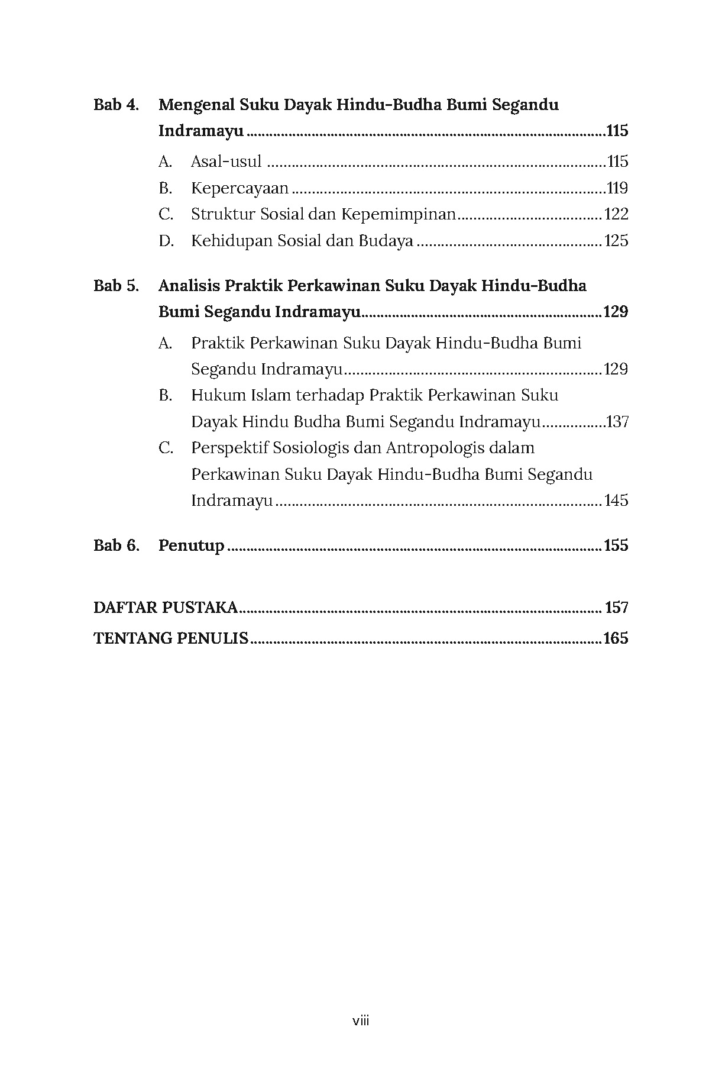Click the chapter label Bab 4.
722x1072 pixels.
(x=116, y=105)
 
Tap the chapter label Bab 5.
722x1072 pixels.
(x=116, y=286)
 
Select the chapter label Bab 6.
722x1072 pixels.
(x=116, y=545)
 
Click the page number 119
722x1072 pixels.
(x=617, y=189)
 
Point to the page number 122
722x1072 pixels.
(x=616, y=215)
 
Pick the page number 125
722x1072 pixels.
(x=616, y=241)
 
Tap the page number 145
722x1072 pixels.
(x=616, y=501)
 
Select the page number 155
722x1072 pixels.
(x=616, y=545)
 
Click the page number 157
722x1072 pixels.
(x=617, y=608)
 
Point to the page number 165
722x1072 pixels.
(x=616, y=639)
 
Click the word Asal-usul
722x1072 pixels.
(x=226, y=162)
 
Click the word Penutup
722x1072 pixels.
(x=191, y=546)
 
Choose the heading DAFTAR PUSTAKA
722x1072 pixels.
(x=166, y=608)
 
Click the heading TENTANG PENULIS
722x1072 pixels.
(x=171, y=639)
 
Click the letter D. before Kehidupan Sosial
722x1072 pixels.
(x=166, y=241)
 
